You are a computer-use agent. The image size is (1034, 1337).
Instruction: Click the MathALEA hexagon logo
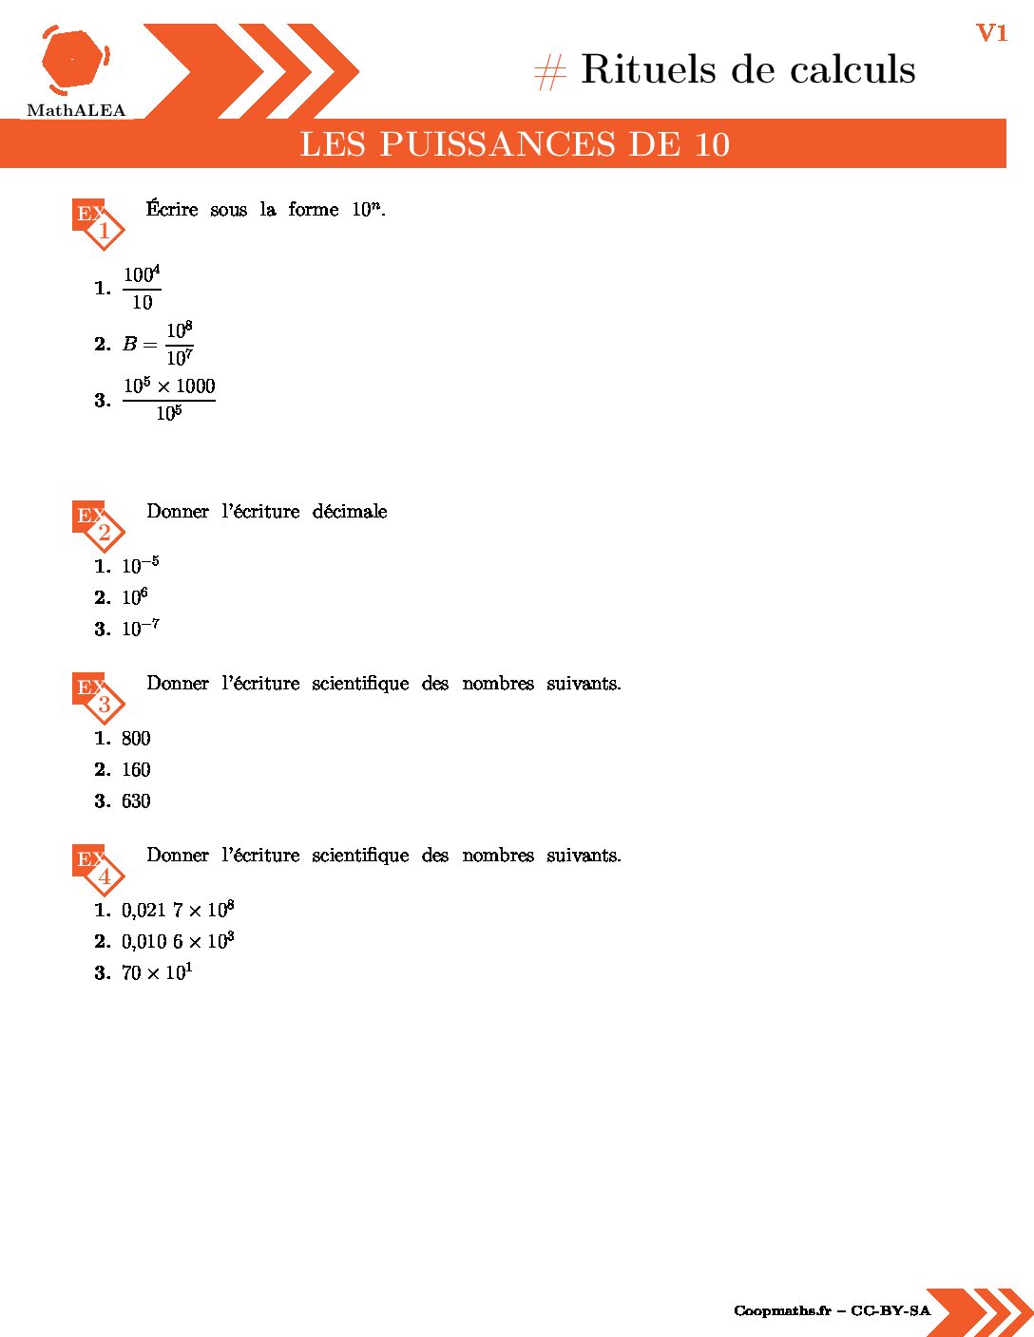click(x=74, y=61)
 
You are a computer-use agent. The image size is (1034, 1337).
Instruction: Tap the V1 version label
click(x=991, y=33)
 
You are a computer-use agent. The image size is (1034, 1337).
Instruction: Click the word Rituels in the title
click(x=648, y=69)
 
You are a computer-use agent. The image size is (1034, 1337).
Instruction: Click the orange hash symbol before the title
click(x=550, y=72)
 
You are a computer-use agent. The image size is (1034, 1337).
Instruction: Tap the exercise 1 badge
click(x=98, y=223)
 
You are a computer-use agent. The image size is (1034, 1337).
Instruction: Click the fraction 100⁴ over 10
click(x=142, y=288)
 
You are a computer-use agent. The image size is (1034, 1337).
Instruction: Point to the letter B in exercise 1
click(x=130, y=344)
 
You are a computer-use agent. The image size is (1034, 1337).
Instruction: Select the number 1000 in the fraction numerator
click(x=196, y=386)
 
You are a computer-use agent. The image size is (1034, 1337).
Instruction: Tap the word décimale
click(x=350, y=512)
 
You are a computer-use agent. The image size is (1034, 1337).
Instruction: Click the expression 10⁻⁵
click(x=140, y=566)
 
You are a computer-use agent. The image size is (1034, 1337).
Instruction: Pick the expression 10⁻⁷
click(x=140, y=629)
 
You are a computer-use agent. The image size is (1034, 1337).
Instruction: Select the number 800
click(x=136, y=739)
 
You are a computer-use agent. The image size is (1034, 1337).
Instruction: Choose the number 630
click(x=136, y=801)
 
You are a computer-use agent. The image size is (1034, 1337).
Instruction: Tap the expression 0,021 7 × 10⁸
click(x=178, y=911)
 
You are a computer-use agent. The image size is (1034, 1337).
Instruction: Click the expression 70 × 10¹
click(x=157, y=973)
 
